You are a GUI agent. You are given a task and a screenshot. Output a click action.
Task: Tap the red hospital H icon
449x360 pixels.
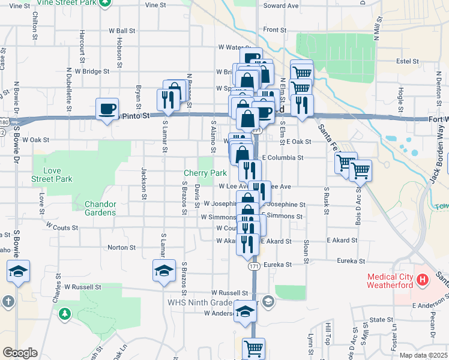423,279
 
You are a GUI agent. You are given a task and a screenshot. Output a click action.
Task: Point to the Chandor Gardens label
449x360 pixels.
100,208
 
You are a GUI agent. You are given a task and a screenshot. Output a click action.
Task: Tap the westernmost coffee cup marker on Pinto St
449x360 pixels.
107,109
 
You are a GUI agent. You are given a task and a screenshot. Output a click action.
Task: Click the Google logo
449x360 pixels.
20,353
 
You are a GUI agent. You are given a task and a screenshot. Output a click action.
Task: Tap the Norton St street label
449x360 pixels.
121,247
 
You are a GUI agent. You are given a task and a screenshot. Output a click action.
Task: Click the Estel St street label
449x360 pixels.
407,61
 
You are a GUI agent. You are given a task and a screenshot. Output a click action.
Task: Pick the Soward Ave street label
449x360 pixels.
284,6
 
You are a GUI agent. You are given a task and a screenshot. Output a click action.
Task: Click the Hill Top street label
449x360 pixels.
328,333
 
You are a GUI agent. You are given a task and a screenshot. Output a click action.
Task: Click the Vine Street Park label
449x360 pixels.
67,2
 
